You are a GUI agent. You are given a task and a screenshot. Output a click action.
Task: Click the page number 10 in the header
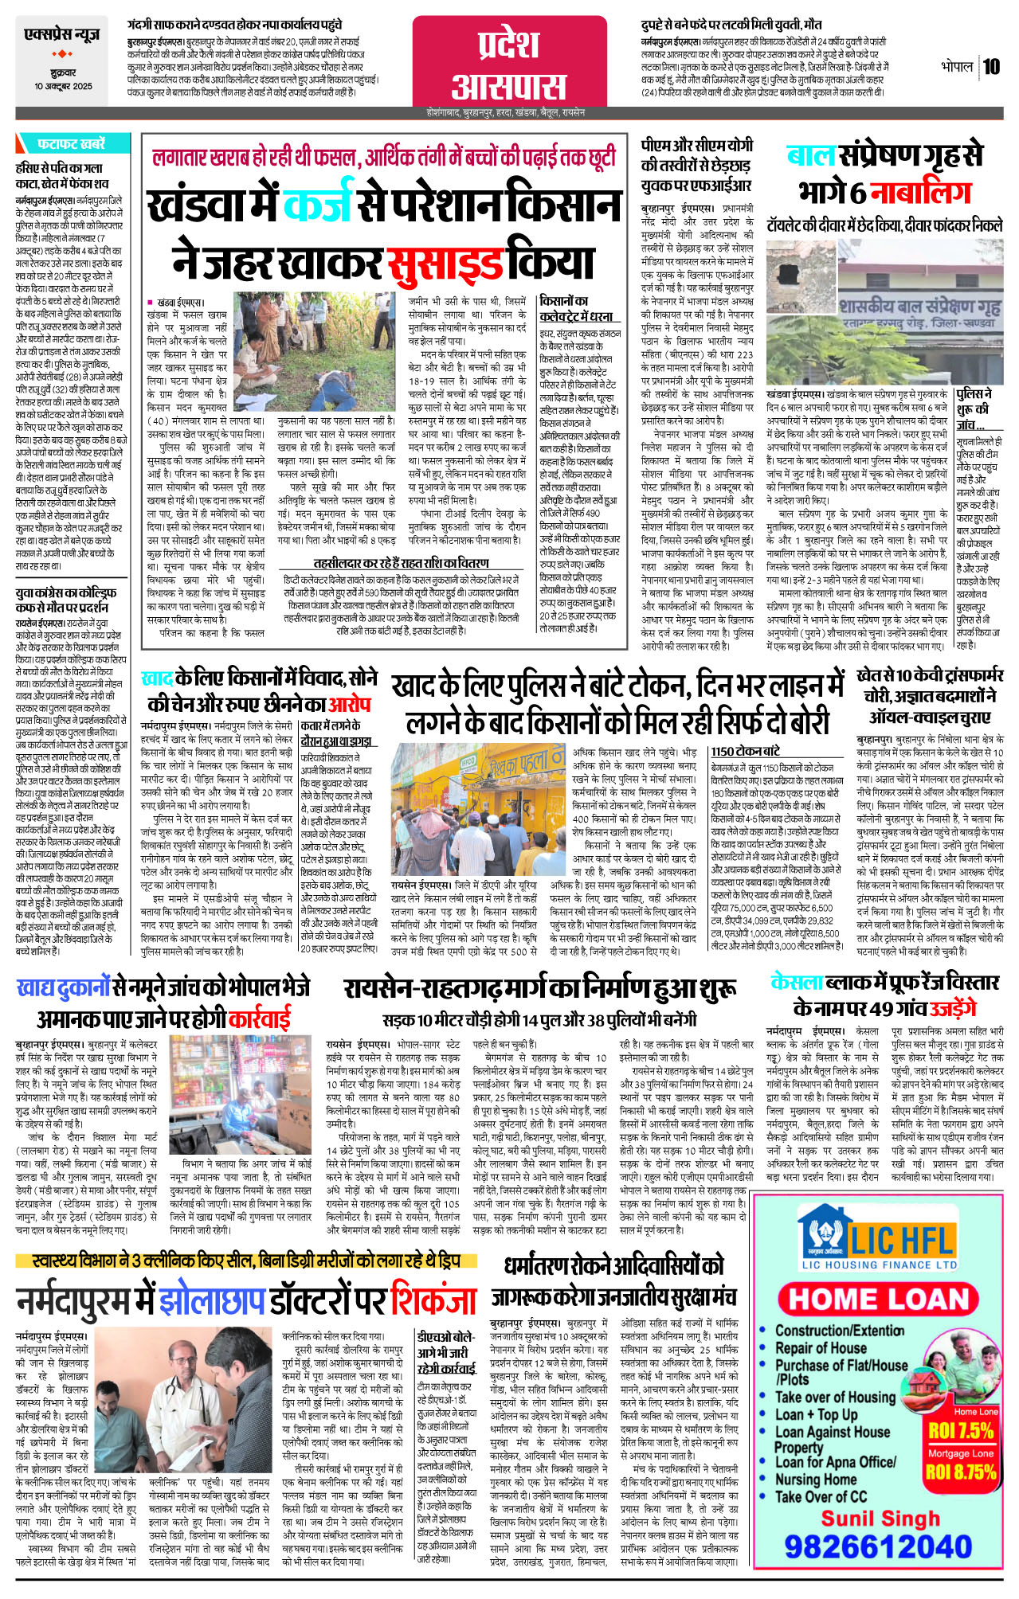coord(991,66)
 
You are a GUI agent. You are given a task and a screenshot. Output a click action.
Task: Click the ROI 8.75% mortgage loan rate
coord(961,1471)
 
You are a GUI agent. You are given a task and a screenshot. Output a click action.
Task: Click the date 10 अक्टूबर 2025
coord(63,86)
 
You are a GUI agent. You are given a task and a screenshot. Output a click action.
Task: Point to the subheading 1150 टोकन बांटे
coord(745,751)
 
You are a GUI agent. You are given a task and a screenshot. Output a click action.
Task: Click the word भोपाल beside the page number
coord(956,66)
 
